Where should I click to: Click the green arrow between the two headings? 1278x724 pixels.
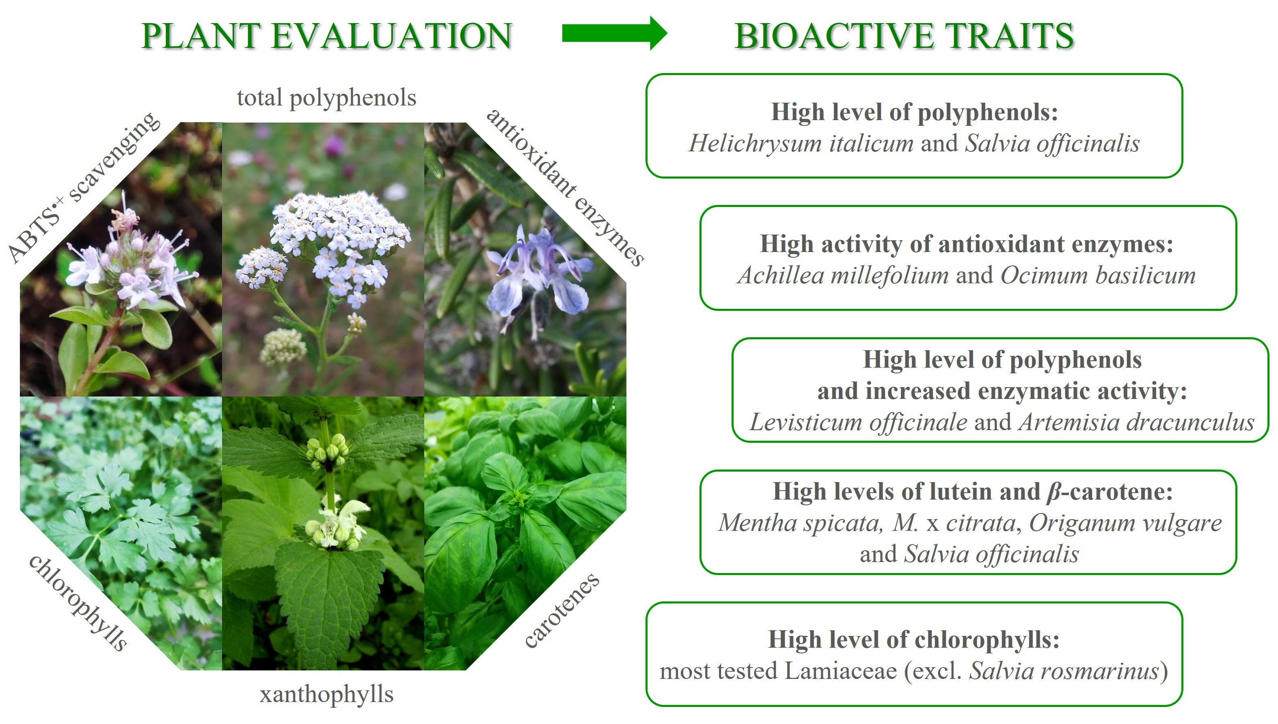615,33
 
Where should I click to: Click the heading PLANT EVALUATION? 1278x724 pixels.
327,36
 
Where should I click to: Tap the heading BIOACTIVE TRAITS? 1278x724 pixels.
905,36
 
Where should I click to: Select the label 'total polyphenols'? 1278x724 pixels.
327,98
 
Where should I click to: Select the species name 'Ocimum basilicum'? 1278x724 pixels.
1098,276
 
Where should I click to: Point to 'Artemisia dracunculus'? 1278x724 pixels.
1136,422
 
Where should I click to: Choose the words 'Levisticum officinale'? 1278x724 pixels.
858,422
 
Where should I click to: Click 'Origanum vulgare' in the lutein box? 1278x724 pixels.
1125,523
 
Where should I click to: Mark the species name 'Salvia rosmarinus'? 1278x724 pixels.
1064,671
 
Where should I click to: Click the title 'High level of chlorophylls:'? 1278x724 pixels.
914,640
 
